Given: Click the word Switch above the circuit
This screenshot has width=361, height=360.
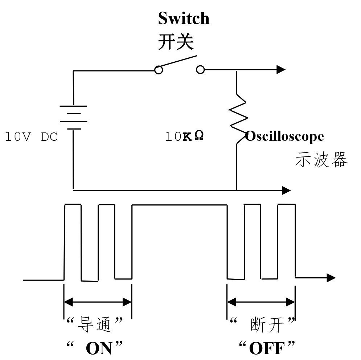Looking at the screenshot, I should [184, 18].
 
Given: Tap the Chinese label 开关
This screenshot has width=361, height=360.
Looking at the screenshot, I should [176, 42].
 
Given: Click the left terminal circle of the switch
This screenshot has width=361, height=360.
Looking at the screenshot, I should [158, 70].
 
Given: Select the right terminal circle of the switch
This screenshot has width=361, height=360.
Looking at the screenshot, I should [200, 70].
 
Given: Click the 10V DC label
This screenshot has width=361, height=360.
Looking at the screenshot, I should [31, 137].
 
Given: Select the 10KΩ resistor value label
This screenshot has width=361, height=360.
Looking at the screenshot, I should [184, 136].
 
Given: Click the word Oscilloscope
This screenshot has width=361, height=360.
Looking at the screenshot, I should [284, 136].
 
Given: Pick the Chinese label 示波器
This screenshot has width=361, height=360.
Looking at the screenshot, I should [321, 159].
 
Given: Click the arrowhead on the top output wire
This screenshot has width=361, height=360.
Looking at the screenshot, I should [282, 69].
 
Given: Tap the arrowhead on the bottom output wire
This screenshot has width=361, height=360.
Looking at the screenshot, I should [286, 190].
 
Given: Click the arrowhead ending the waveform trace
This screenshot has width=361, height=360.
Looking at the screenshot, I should [331, 278].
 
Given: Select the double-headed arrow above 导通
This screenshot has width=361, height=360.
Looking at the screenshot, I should [98, 302].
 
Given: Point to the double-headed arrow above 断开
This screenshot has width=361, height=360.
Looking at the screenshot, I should [261, 302].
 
